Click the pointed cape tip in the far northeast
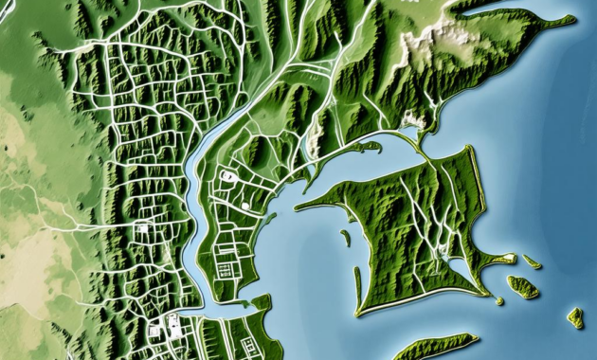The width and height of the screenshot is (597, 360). point(571,18)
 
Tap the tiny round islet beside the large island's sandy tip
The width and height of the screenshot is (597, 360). point(499,300)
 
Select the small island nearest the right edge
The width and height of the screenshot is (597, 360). point(575,317)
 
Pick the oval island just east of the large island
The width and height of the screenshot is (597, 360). point(522,287)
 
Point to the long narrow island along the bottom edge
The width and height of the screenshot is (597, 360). point(436,347)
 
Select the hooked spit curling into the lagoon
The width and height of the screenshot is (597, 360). point(369,147)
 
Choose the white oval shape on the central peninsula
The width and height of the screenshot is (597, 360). point(228,176)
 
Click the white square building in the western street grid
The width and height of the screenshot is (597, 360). point(143,227)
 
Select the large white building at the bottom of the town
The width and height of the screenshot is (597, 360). point(174,328)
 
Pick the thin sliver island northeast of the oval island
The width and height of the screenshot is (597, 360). point(533,261)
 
